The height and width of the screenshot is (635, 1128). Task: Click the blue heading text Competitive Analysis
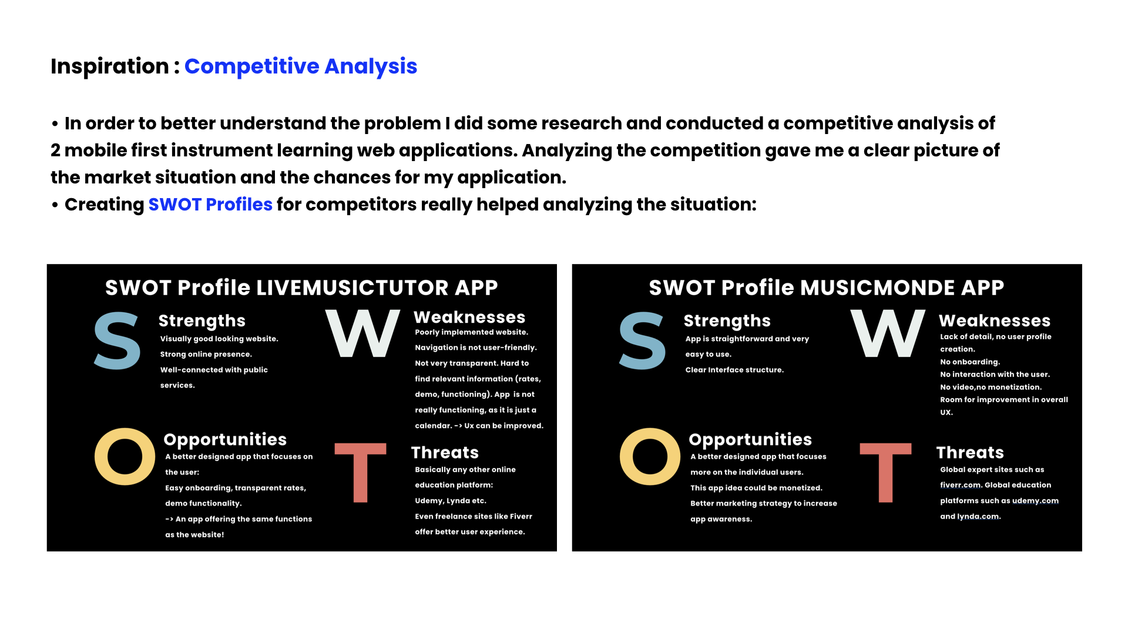tap(301, 67)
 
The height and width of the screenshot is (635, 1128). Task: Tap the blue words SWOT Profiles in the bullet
tap(210, 205)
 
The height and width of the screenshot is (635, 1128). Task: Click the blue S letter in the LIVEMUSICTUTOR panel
tap(117, 341)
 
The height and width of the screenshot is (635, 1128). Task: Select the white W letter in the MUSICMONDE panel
tap(888, 333)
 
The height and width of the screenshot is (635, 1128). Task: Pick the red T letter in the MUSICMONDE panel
tap(885, 472)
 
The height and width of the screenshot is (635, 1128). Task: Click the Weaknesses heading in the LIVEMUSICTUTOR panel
tap(469, 317)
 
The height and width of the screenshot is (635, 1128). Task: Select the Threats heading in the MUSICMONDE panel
tap(970, 453)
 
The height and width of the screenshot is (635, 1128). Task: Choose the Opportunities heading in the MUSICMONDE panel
tap(750, 440)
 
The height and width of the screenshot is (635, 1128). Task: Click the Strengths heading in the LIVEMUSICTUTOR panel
tap(202, 321)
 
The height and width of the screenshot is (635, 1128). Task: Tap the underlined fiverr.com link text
tap(961, 485)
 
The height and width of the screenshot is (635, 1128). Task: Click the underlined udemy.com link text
tap(1035, 501)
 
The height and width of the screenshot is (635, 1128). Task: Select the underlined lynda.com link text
tap(978, 517)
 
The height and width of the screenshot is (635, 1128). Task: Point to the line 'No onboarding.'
tap(970, 362)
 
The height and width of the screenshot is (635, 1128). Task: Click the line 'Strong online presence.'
tap(206, 355)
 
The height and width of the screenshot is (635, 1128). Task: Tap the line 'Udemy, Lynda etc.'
tap(451, 501)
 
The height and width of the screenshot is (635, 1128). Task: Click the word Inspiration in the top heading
tap(110, 66)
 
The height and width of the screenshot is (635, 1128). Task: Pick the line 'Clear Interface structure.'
tap(734, 370)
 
